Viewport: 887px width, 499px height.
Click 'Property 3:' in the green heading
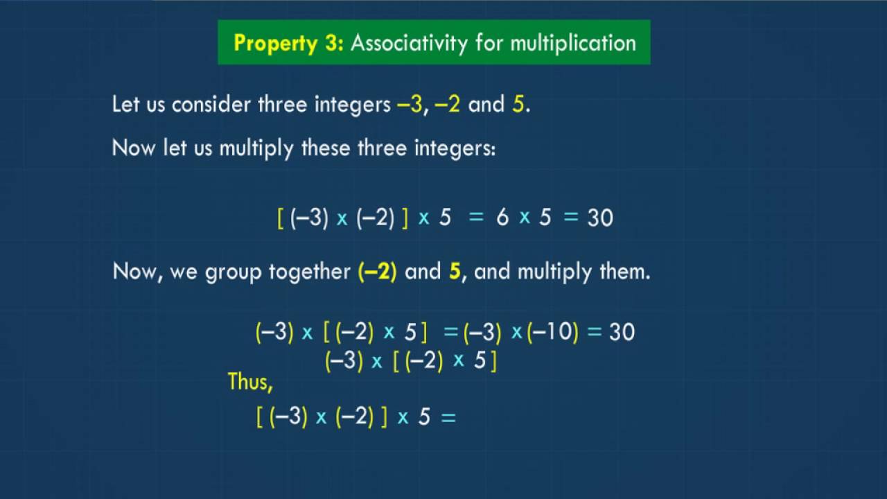[x=288, y=43]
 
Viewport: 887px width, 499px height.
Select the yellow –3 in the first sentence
[x=410, y=105]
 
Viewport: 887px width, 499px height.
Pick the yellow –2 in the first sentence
[x=448, y=105]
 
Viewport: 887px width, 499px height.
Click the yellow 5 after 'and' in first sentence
[x=518, y=105]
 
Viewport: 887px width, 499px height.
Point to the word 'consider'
[x=212, y=105]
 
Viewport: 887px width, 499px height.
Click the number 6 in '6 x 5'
[x=502, y=218]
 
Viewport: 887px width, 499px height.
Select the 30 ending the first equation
[x=600, y=218]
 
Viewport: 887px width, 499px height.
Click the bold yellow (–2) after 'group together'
[x=378, y=271]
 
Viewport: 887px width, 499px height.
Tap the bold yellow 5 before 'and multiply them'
[x=455, y=271]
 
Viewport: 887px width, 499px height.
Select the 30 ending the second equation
[x=622, y=332]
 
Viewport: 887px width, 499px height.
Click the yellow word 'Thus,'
[x=250, y=381]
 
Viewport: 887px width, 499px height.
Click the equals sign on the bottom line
[x=448, y=417]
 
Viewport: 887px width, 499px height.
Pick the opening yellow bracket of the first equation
[x=281, y=218]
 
